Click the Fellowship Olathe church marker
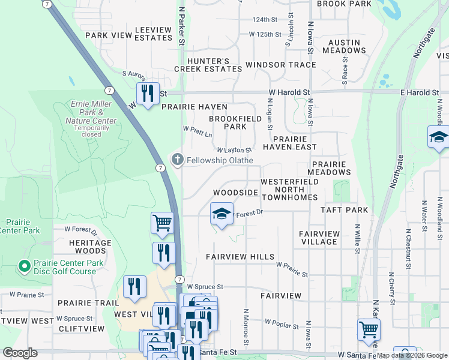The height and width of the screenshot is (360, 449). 177,160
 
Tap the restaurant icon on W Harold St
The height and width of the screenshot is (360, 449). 147,94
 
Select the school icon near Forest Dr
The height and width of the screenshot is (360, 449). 221,214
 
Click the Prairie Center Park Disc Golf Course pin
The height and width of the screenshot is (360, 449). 24,265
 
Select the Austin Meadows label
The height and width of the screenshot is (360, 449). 344,47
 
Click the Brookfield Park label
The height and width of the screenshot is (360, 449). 228,122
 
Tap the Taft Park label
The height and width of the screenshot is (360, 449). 344,210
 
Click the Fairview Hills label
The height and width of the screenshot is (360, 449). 240,256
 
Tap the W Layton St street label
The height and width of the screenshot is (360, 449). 234,150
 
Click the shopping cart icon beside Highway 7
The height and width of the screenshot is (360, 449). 162,223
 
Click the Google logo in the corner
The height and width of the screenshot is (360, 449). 20,352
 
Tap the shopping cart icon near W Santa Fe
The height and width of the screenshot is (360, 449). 368,329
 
